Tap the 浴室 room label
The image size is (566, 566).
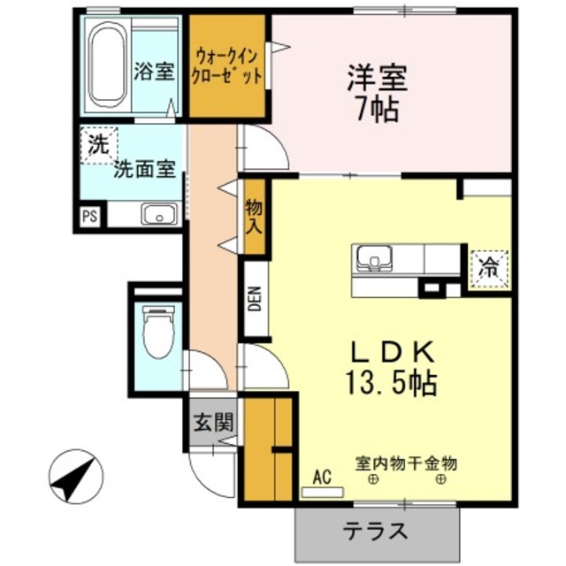(x=153, y=72)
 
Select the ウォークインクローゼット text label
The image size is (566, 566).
(x=227, y=67)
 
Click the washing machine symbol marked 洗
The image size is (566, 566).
(x=96, y=143)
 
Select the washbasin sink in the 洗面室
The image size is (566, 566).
(x=158, y=213)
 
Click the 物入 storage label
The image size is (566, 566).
(x=254, y=218)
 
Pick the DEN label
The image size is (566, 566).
(x=255, y=301)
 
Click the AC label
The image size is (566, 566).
(x=322, y=478)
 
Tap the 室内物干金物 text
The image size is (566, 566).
(x=406, y=463)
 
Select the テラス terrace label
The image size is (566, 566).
(x=376, y=532)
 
